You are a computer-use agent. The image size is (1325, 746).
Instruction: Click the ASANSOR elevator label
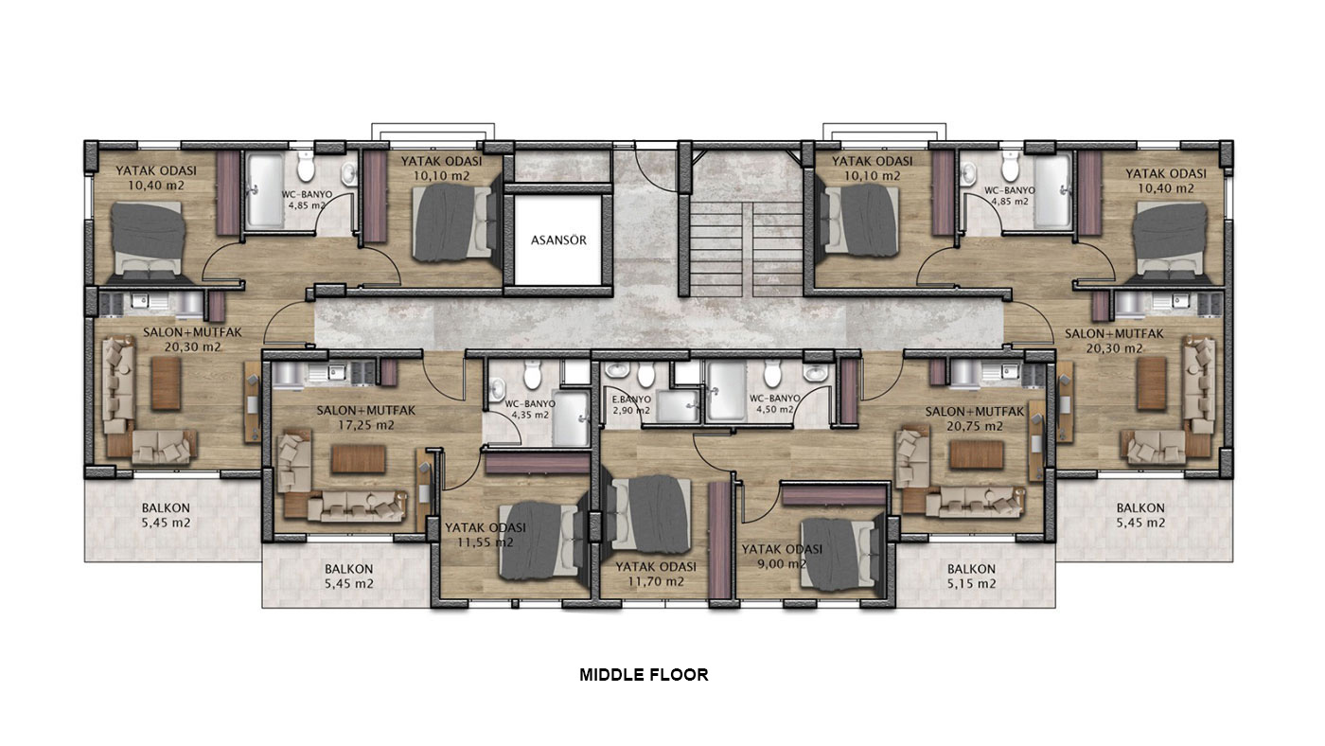tap(558, 240)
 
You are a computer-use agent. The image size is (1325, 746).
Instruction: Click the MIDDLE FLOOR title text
tap(644, 675)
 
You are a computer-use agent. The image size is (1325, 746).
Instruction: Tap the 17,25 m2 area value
tap(366, 425)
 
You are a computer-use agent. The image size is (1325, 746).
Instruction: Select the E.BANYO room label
tap(631, 400)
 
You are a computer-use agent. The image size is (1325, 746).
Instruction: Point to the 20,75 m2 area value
tap(975, 426)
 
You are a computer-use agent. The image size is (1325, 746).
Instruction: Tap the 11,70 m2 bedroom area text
tap(656, 582)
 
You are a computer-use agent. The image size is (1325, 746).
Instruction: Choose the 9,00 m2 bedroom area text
tap(782, 564)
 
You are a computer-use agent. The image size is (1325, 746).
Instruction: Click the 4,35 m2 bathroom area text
tap(530, 415)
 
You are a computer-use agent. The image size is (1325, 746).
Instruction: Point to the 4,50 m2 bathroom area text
tap(775, 409)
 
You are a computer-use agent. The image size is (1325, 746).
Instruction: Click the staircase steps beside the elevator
tap(746, 249)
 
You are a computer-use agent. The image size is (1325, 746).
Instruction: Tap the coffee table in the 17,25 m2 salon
tap(358, 458)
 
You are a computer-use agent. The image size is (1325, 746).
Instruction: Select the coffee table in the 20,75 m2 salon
tap(977, 454)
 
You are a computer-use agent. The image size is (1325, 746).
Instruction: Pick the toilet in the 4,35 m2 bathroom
tap(532, 376)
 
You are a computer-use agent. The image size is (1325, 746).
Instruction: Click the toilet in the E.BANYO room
tap(645, 373)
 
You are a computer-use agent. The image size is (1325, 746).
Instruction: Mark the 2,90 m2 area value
tap(631, 410)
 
